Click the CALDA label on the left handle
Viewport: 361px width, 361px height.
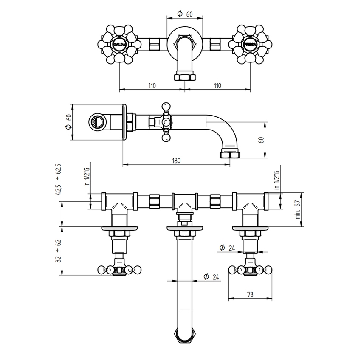tap(118, 44)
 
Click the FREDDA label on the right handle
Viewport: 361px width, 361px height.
tap(250, 44)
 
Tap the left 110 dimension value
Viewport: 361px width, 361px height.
tap(152, 85)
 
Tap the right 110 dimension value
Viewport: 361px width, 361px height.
tap(217, 85)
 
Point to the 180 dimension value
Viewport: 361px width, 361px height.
tap(177, 161)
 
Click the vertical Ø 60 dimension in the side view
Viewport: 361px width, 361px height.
tap(67, 122)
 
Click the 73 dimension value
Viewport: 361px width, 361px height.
tap(250, 294)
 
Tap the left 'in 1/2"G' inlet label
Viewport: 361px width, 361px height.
tap(87, 178)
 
